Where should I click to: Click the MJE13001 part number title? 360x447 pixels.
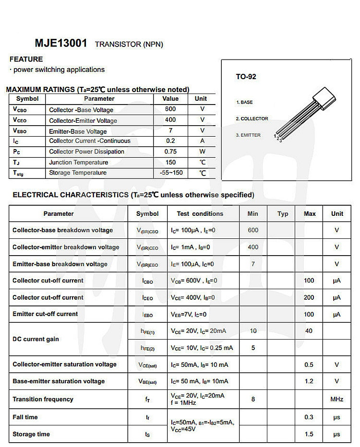point(61,43)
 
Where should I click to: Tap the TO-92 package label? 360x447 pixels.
point(246,77)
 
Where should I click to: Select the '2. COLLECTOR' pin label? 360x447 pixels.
point(252,118)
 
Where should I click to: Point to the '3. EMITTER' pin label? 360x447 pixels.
point(248,135)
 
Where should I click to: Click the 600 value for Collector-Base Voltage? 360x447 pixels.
point(170,109)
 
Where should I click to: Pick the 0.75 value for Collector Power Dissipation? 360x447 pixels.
point(170,152)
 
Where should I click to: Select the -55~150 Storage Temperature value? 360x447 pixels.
point(171,173)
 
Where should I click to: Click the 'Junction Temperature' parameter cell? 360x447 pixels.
point(78,162)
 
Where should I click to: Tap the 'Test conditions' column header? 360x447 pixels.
point(200,214)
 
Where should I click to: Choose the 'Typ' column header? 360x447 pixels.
point(283,214)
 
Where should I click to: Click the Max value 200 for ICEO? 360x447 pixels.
point(309,297)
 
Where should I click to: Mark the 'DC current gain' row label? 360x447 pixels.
point(36,339)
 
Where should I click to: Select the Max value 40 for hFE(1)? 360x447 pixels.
point(309,331)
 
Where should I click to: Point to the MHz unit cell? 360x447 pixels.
point(336,399)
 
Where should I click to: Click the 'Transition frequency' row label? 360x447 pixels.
point(43,399)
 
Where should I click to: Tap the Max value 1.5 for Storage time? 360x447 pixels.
point(309,434)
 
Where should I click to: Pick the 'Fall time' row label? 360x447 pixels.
point(25,417)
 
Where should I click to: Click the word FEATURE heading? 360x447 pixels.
point(26,59)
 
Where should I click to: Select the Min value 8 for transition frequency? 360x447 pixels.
point(253,399)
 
